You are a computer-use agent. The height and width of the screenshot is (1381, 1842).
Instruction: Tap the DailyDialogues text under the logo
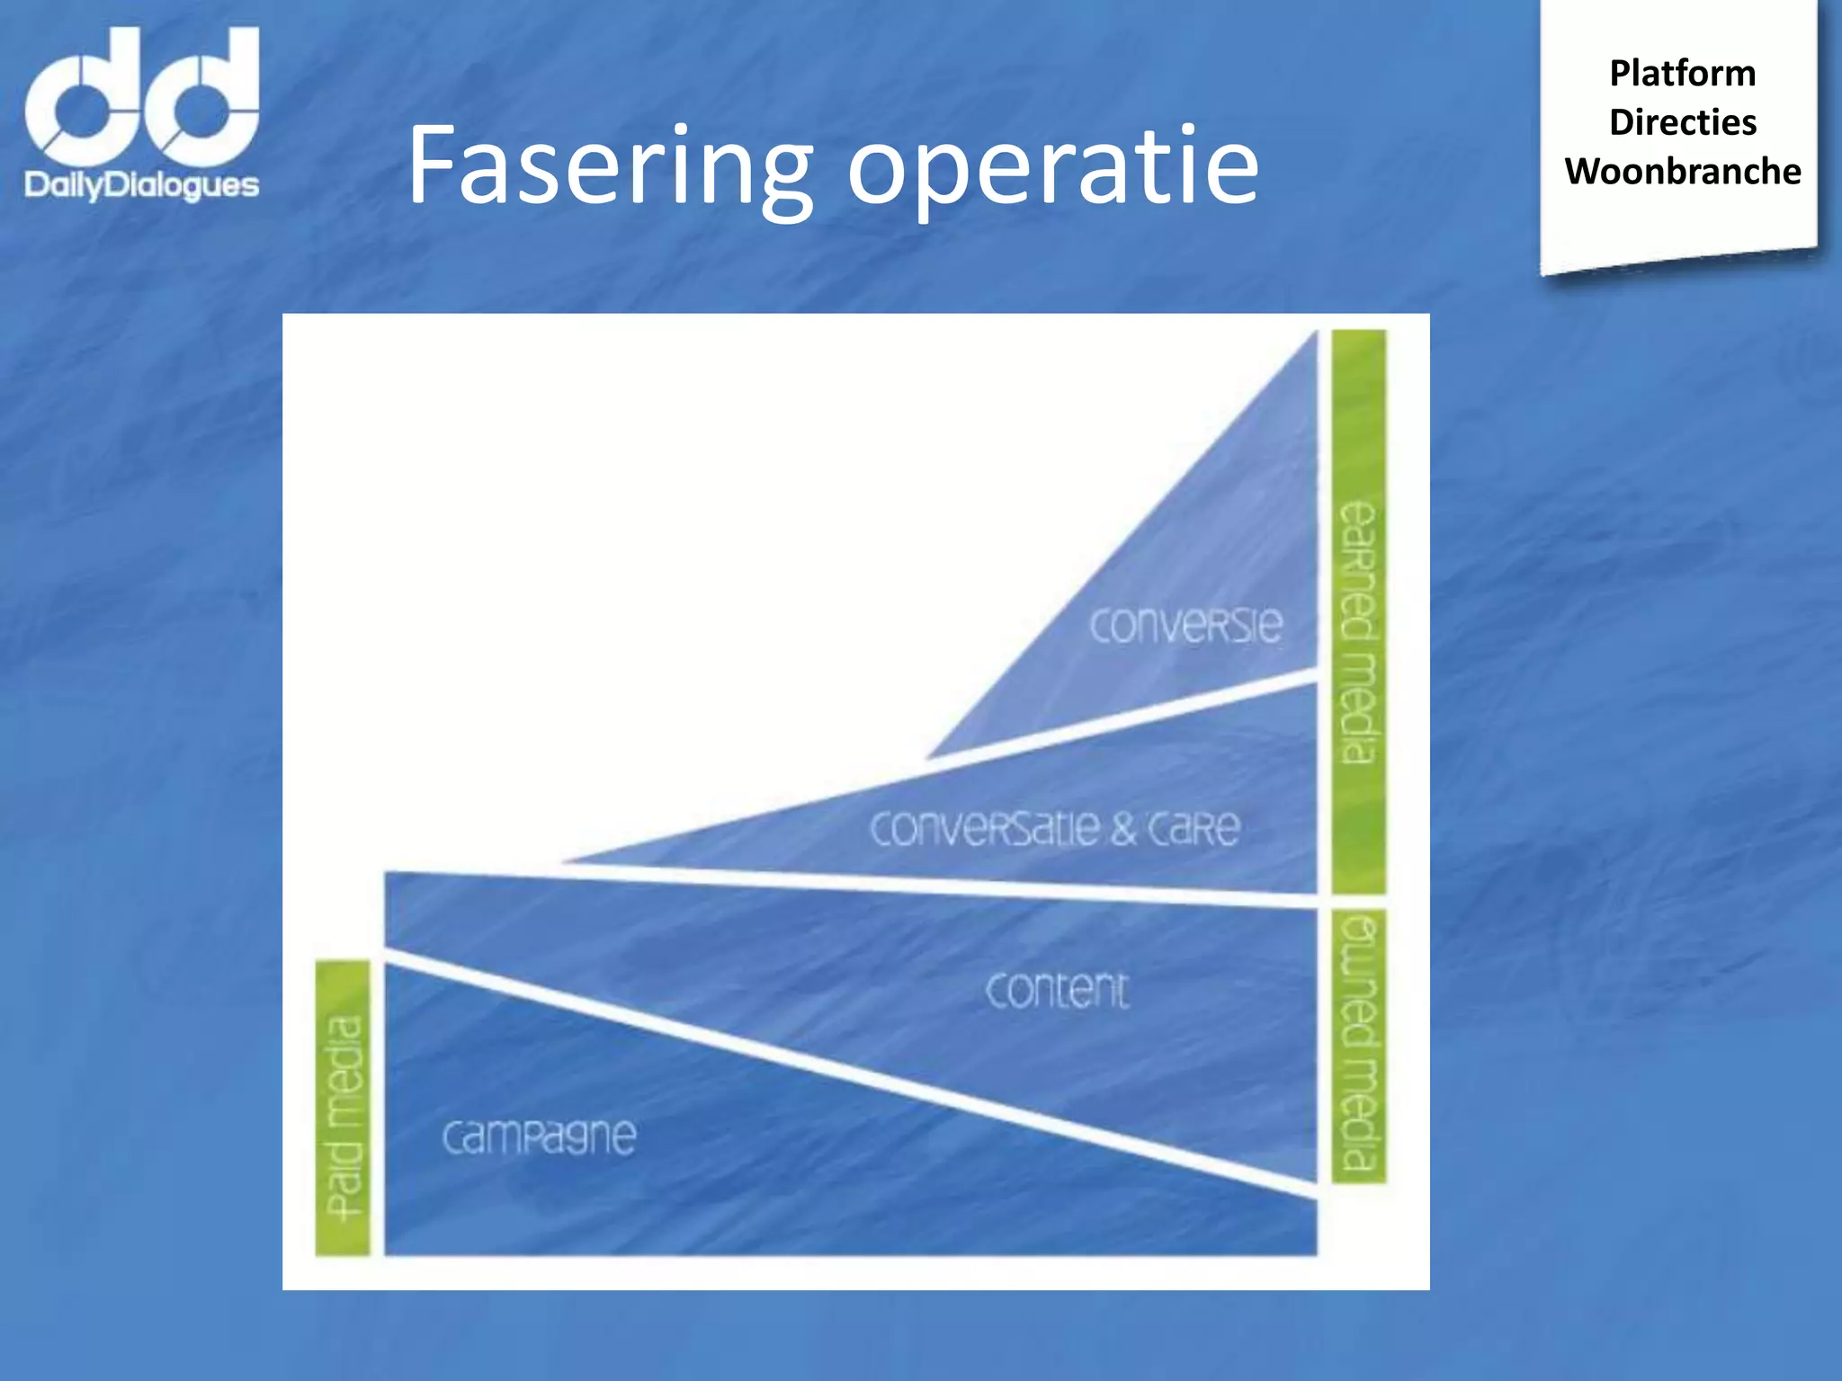click(142, 185)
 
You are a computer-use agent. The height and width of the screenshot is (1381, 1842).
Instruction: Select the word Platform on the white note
click(1682, 74)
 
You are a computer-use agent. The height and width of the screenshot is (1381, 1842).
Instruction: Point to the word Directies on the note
click(1682, 122)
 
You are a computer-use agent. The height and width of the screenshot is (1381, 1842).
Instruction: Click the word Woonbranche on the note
click(1682, 172)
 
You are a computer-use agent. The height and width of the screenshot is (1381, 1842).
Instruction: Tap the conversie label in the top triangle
click(1185, 625)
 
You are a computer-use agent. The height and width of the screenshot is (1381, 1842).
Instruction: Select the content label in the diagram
click(1057, 991)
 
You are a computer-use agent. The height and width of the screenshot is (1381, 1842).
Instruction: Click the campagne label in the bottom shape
click(540, 1137)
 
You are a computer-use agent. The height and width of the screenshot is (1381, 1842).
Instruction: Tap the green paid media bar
click(343, 1108)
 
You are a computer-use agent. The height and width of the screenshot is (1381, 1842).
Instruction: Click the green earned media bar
click(1358, 611)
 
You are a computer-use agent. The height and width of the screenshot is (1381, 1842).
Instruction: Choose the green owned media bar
click(1358, 1046)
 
